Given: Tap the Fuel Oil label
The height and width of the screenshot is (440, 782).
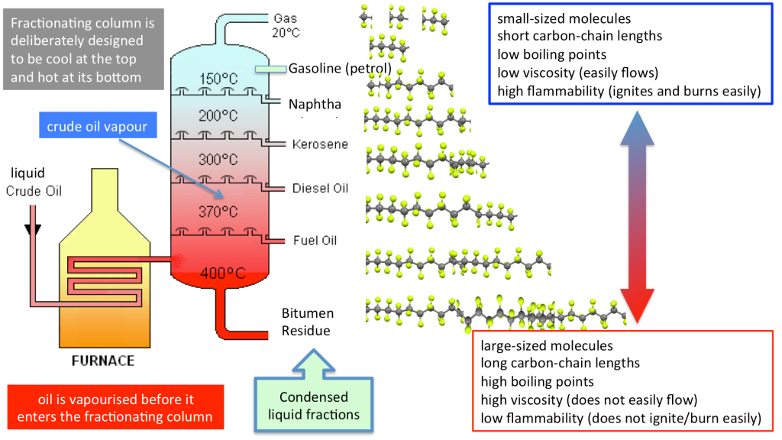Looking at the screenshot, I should (315, 241).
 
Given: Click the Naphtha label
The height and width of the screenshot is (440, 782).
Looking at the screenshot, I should (315, 104).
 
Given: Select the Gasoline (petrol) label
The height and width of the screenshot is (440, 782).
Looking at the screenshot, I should (340, 69).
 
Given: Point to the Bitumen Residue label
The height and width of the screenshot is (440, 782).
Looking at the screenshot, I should (308, 322).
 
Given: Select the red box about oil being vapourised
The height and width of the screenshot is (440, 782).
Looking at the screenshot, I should (115, 409).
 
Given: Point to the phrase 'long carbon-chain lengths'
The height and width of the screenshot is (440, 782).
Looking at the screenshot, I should (560, 363).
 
